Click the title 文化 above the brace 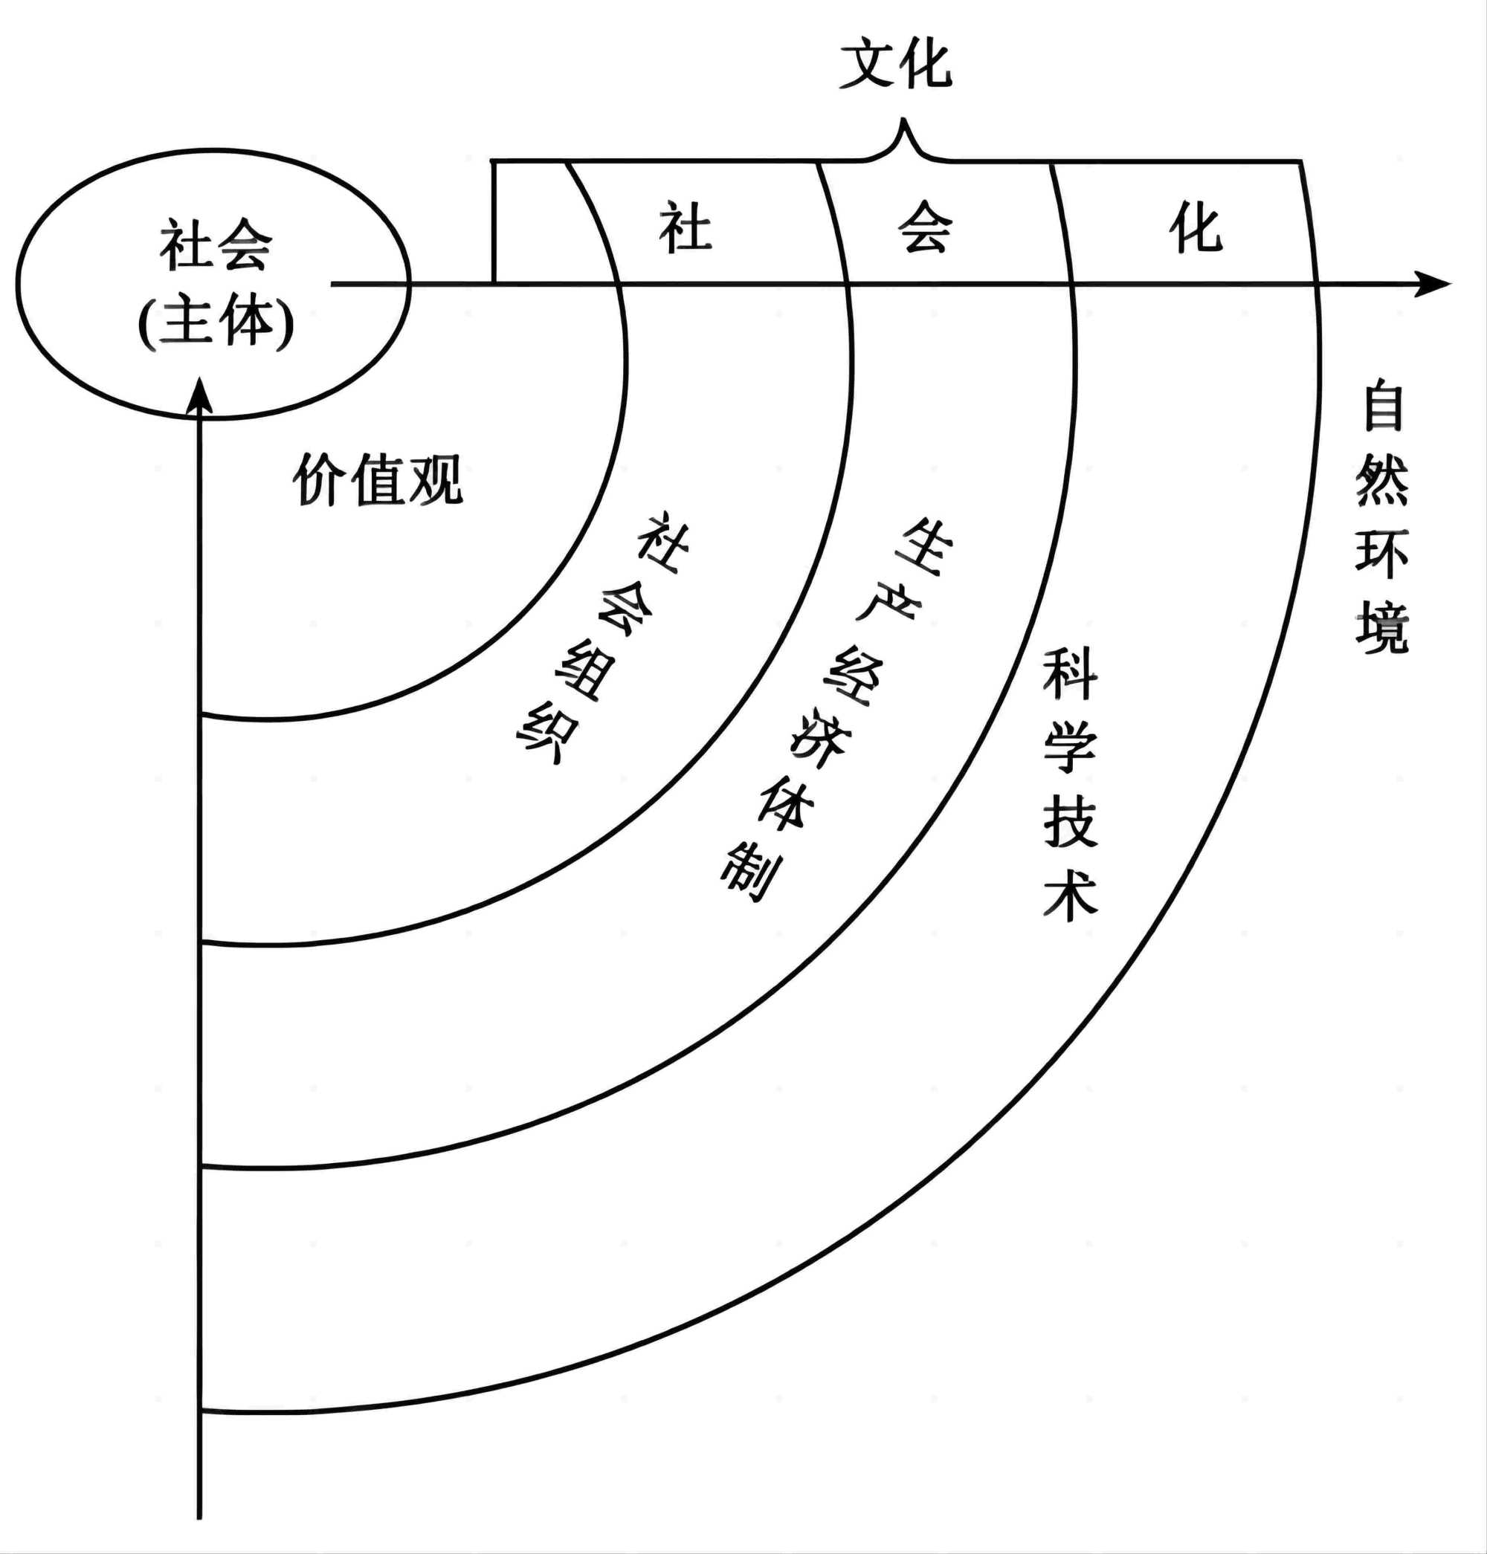(896, 65)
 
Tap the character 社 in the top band (686, 229)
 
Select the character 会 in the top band (924, 228)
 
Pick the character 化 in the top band (1196, 227)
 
